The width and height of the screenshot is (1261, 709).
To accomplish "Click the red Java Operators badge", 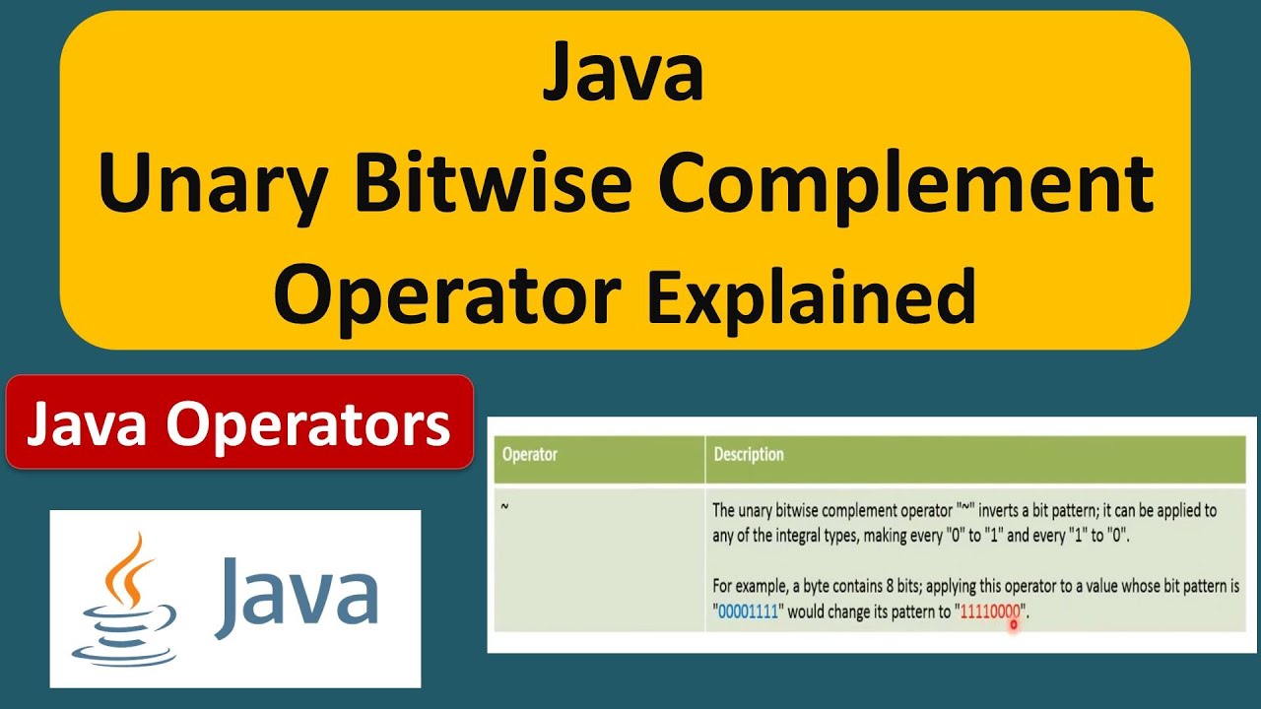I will (x=239, y=422).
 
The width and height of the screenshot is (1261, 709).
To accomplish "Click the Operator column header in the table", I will (x=530, y=455).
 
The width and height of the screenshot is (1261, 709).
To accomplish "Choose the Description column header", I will (x=749, y=455).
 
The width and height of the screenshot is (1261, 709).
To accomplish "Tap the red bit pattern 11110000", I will (x=990, y=612).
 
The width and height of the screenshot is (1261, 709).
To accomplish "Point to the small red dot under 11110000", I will (x=1013, y=623).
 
